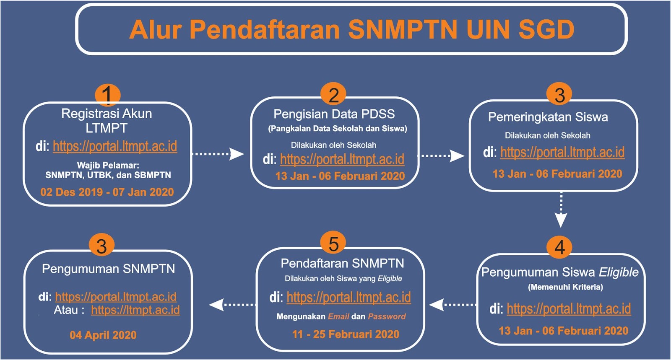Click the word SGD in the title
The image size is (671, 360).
point(546,29)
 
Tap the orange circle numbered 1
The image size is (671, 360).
point(107,94)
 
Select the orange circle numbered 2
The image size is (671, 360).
point(333,95)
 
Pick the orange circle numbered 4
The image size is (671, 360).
point(559,247)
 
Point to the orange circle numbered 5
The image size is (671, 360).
point(333,243)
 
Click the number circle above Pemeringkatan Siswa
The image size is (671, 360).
point(559,95)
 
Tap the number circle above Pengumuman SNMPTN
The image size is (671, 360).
point(101,246)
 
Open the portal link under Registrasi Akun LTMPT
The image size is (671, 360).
point(114,146)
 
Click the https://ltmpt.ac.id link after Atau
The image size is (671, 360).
point(135,310)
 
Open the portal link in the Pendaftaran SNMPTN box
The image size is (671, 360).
point(349,297)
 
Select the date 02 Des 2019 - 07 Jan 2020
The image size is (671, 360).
point(107,192)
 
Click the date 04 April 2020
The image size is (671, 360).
point(103,335)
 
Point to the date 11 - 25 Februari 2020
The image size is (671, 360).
point(346,334)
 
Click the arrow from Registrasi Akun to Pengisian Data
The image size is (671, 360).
point(218,154)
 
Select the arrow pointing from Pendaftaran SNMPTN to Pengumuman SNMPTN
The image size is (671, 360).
point(233,305)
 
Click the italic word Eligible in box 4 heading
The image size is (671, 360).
point(619,272)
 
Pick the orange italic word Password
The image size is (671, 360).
point(387,316)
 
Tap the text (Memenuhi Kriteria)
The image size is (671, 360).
point(565,287)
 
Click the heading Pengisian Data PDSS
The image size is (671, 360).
point(334,114)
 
